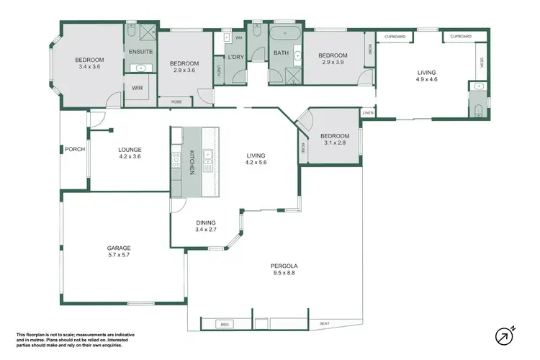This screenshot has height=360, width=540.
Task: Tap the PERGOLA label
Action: [285, 266]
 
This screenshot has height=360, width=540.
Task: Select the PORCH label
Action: [74, 150]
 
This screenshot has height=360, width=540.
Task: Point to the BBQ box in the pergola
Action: [225, 324]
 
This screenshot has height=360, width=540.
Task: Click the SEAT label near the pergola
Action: [324, 324]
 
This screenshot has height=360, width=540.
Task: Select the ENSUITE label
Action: [140, 52]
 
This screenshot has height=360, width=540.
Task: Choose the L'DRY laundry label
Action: [236, 57]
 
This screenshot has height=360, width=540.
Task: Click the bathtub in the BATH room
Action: [282, 34]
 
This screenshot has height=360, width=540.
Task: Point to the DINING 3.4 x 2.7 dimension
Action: [206, 230]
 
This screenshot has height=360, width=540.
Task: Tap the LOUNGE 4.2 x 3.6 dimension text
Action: [130, 156]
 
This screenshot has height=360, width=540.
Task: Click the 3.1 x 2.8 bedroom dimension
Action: [335, 143]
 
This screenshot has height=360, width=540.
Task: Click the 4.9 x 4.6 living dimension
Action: [427, 79]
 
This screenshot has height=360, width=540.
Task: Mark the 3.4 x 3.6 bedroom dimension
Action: [90, 67]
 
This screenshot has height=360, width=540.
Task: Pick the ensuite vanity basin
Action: [141, 68]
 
